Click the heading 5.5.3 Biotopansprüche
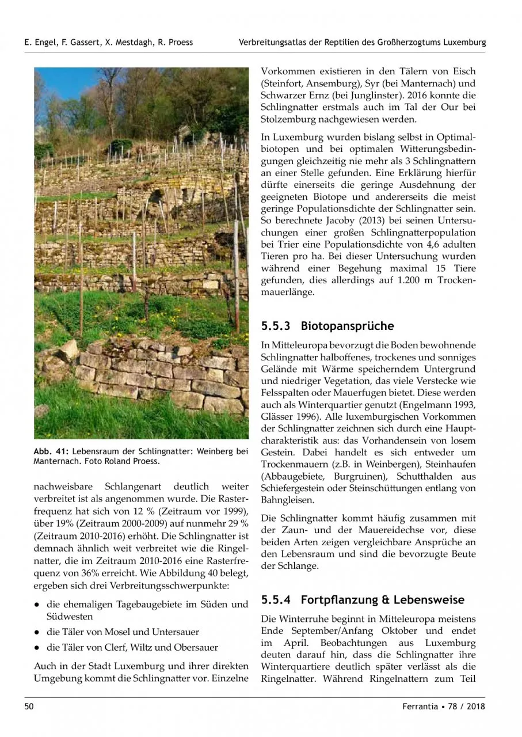[327, 326]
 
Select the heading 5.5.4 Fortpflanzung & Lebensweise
[362, 600]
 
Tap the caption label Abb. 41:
[51, 451]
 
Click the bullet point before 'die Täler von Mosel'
[36, 632]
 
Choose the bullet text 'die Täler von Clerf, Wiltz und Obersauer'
[132, 647]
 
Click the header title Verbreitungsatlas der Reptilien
[363, 42]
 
